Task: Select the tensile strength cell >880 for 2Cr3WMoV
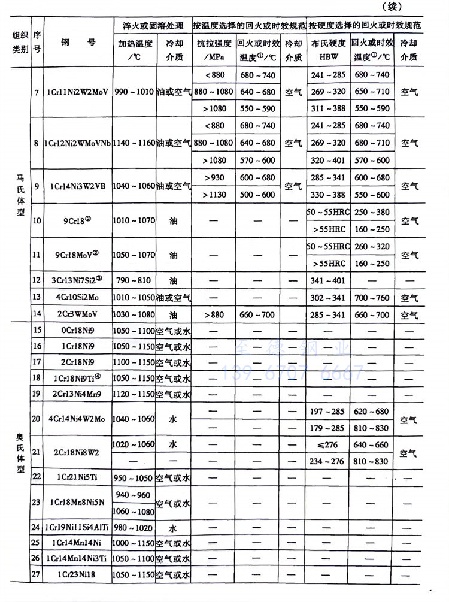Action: click(x=213, y=315)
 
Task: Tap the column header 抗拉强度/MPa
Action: click(x=213, y=50)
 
